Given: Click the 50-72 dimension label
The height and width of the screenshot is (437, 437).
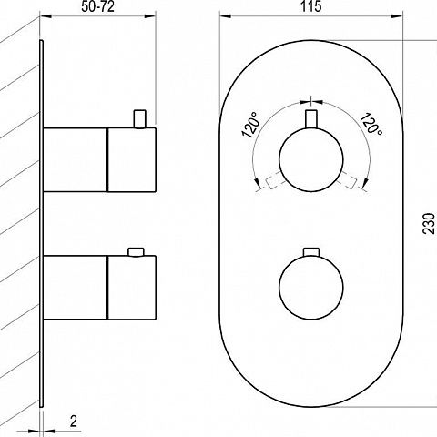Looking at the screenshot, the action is tap(97, 6).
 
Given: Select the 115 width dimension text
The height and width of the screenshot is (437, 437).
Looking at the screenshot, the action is tap(311, 6).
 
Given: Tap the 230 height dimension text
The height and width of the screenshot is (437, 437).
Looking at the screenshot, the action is tap(429, 223).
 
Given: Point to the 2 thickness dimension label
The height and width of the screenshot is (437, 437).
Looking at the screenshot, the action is tap(74, 422).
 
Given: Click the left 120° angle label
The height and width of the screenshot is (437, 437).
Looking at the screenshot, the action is tap(250, 125).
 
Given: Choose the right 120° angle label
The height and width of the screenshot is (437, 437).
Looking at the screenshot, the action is tap(371, 124).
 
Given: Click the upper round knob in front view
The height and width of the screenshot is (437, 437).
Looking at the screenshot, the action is tap(311, 159).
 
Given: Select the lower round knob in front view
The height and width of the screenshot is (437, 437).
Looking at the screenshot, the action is tap(311, 287).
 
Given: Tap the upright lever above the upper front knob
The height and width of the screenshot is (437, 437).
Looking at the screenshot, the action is tap(311, 119).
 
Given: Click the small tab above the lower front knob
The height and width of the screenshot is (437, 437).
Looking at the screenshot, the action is tap(311, 251).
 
